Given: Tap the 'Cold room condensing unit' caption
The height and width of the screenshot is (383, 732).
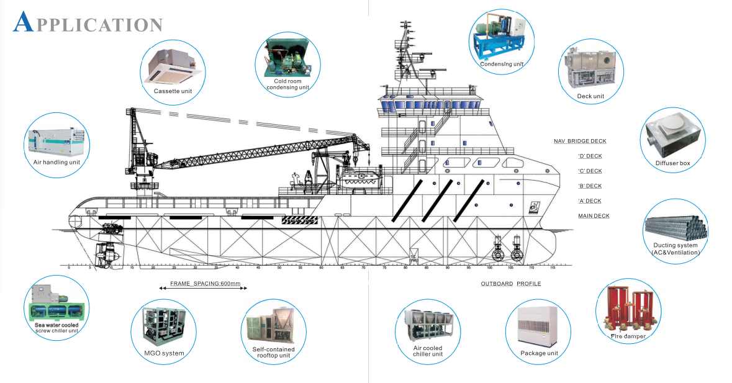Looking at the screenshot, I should (287, 84).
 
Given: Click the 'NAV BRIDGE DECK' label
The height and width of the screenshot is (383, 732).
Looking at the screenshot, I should (580, 142).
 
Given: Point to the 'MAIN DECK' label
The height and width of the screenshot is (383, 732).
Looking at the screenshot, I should (594, 216).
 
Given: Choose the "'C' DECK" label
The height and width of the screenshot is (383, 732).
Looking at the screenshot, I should (590, 171).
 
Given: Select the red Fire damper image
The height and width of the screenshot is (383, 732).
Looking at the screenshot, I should (627, 307).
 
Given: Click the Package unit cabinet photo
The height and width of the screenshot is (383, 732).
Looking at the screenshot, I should (538, 324).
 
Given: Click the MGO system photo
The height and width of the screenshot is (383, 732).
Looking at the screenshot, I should (164, 324).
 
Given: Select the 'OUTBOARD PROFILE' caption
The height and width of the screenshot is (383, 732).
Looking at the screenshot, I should (510, 284).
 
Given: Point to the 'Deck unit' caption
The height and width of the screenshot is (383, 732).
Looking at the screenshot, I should (590, 96).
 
